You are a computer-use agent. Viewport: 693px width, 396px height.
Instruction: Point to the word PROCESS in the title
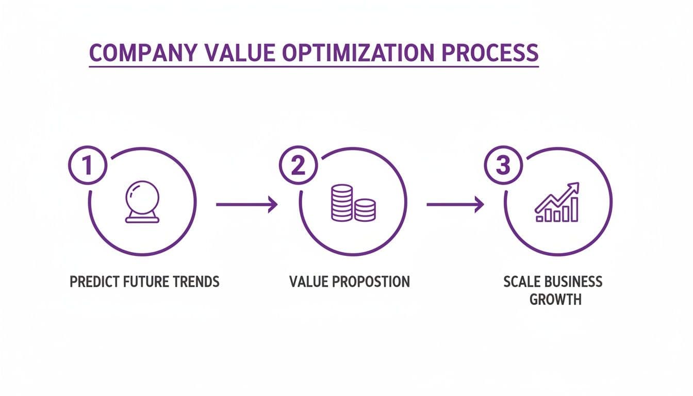pyautogui.click(x=492, y=54)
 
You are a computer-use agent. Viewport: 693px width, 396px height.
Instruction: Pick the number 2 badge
pyautogui.click(x=298, y=166)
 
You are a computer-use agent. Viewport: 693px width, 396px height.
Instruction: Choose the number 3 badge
pyautogui.click(x=503, y=166)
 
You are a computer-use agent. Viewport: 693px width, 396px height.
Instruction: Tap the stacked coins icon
pyautogui.click(x=353, y=203)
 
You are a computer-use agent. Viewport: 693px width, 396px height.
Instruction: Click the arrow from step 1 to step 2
pyautogui.click(x=246, y=205)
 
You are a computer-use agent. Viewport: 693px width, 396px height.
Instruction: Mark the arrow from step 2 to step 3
pyautogui.click(x=455, y=205)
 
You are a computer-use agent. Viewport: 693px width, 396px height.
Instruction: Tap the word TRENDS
pyautogui.click(x=196, y=282)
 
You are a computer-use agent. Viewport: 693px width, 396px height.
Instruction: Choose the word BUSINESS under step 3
pyautogui.click(x=574, y=282)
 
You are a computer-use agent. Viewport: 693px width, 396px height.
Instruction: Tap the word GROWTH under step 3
pyautogui.click(x=555, y=299)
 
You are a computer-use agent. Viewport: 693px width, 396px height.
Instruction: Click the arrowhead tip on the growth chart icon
pyautogui.click(x=577, y=184)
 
